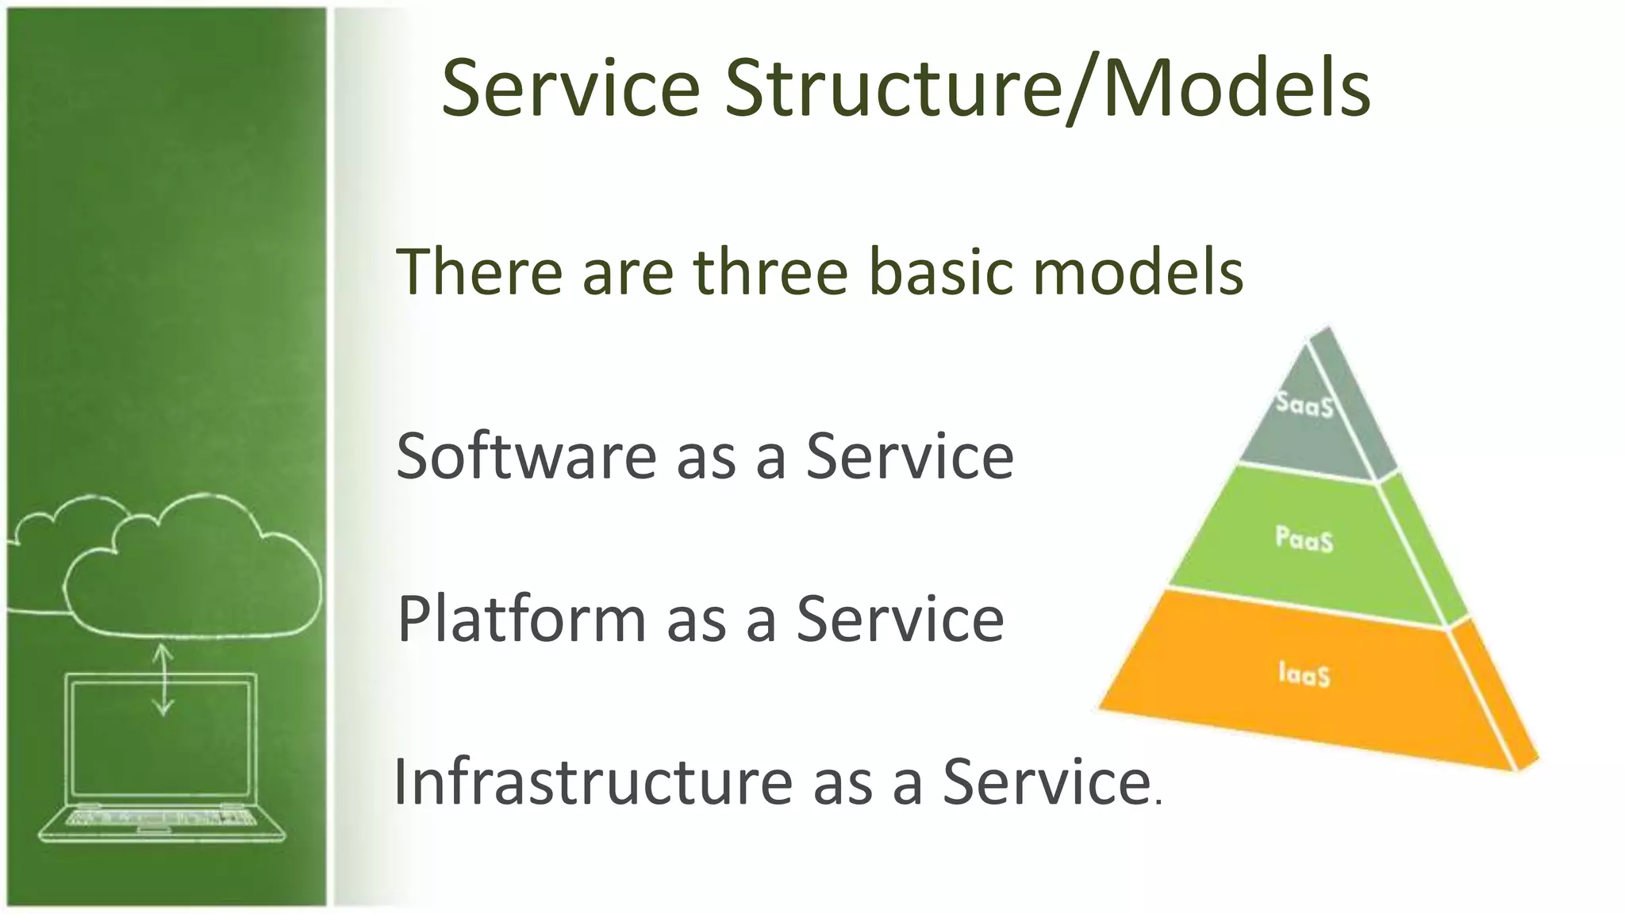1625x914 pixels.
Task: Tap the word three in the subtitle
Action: pyautogui.click(x=770, y=272)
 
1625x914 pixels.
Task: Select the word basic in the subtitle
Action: pyautogui.click(x=941, y=272)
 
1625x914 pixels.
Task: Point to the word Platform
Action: pyautogui.click(x=521, y=620)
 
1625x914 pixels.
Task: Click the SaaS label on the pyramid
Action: pyautogui.click(x=1304, y=405)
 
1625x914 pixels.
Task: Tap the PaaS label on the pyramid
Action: pyautogui.click(x=1304, y=539)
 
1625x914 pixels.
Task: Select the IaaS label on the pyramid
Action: pyautogui.click(x=1304, y=674)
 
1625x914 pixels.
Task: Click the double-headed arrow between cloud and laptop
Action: pyautogui.click(x=163, y=679)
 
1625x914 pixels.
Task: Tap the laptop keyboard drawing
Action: pyautogui.click(x=163, y=817)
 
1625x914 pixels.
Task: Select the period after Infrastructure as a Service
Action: pyautogui.click(x=1159, y=801)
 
